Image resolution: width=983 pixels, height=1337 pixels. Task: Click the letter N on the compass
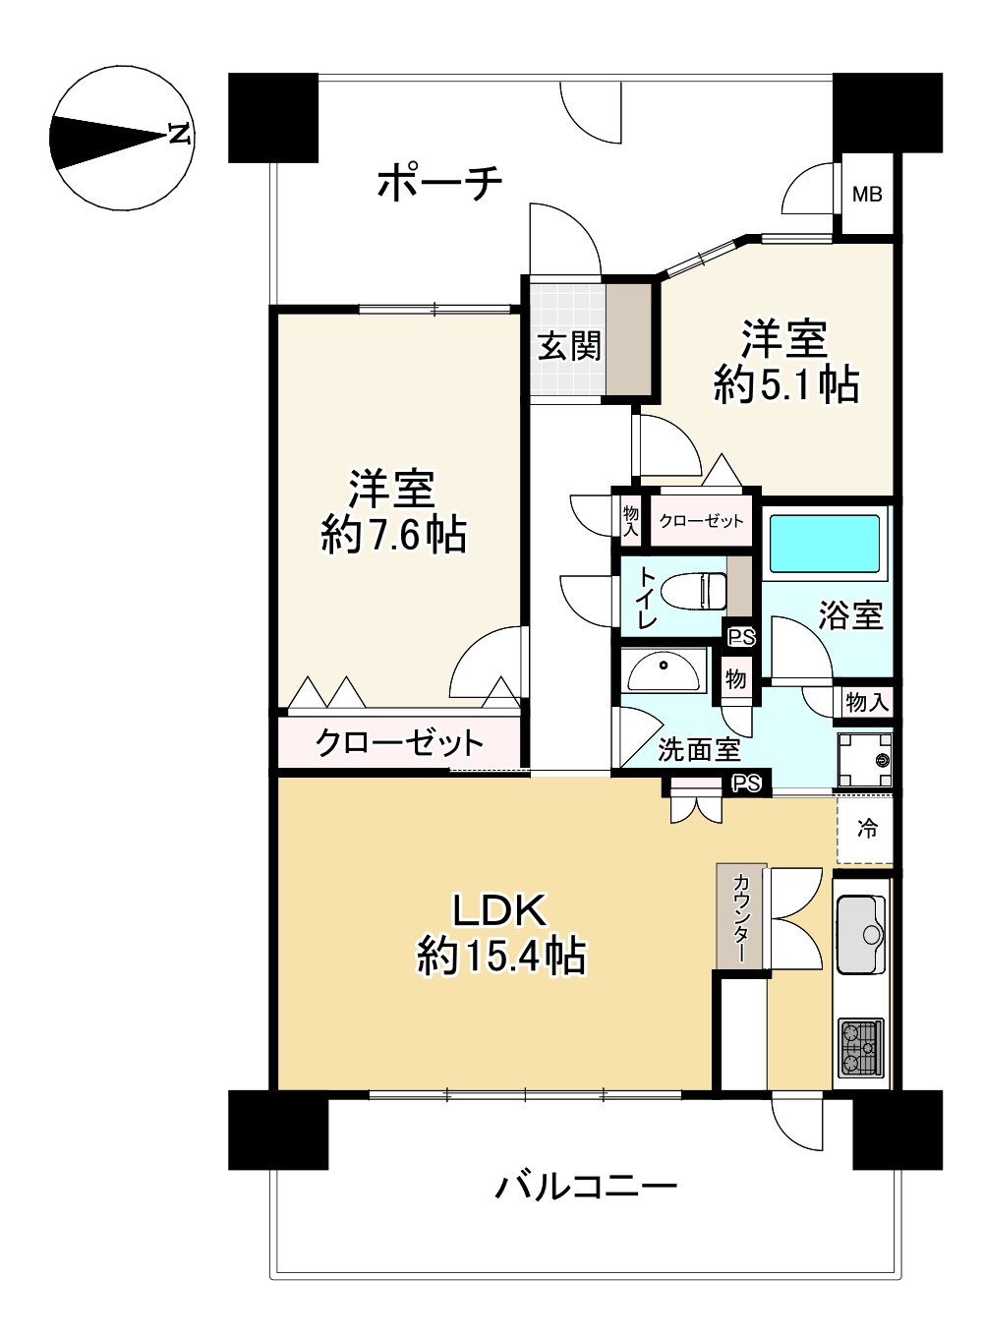[179, 135]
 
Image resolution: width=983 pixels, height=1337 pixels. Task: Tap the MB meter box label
[867, 194]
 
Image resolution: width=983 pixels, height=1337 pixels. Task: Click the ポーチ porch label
[439, 183]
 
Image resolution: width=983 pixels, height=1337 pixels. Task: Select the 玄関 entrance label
[569, 346]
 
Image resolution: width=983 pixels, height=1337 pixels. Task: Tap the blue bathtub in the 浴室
[824, 543]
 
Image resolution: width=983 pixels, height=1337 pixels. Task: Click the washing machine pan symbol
[865, 759]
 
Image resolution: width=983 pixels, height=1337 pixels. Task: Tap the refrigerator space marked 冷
[865, 829]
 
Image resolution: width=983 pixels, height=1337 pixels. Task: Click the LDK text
[500, 911]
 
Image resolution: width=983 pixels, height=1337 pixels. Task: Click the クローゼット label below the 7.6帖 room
[399, 742]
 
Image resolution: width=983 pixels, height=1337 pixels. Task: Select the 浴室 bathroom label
[850, 615]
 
